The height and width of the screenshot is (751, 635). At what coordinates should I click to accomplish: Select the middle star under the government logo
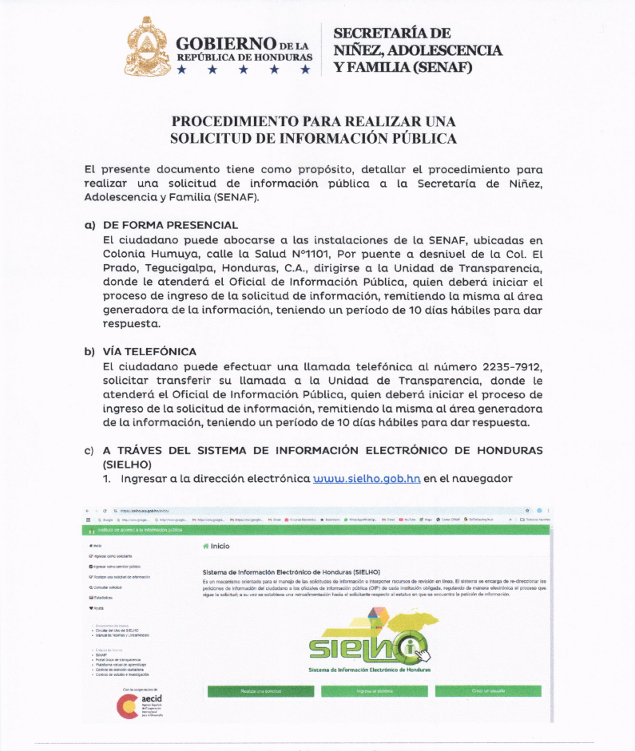pyautogui.click(x=244, y=70)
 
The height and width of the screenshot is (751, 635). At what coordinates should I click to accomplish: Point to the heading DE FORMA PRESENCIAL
pyautogui.click(x=170, y=226)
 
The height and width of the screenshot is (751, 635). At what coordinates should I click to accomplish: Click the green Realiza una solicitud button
pyautogui.click(x=260, y=691)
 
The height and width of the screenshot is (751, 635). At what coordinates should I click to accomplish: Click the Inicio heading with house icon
pyautogui.click(x=216, y=547)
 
